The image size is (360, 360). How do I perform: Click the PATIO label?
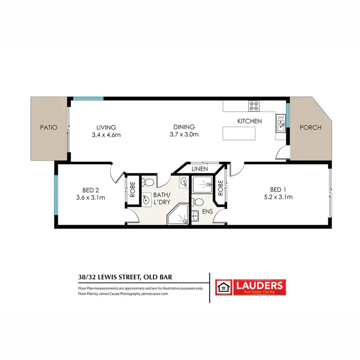[x=49, y=128]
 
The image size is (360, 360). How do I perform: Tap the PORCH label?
[x=310, y=128]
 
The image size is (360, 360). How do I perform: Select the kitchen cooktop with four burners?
[x=254, y=107]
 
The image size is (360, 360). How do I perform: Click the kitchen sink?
[x=280, y=125]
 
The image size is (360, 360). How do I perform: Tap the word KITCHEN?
[x=250, y=121]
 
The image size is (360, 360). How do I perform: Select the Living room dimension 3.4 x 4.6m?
[x=106, y=134]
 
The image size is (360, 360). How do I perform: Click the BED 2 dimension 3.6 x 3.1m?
[x=90, y=197]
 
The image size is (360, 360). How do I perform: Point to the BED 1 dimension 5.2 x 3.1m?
[x=278, y=197]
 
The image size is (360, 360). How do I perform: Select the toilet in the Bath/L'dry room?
[x=149, y=183]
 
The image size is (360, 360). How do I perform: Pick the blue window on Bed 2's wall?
[x=56, y=196]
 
